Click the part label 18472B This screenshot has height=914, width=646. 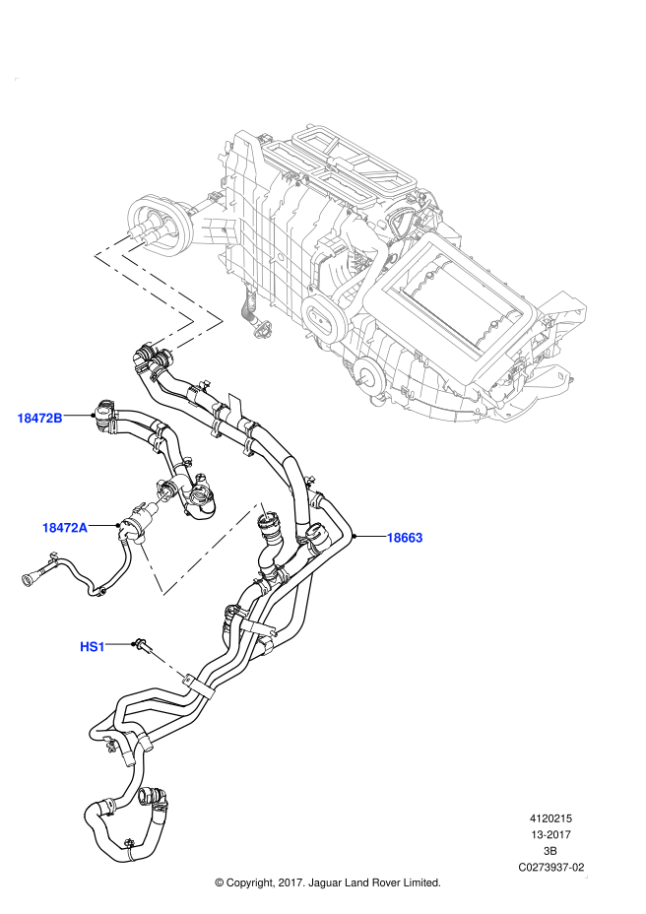(39, 419)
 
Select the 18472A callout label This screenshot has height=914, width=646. (64, 528)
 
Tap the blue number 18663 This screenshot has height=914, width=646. (404, 538)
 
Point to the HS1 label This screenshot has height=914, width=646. (92, 647)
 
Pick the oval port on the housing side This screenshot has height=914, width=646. (322, 317)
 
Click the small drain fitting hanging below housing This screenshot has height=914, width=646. (262, 328)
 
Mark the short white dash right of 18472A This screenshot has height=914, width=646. (161, 498)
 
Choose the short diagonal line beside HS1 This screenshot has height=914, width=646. (167, 664)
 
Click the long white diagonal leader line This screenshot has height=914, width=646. (212, 548)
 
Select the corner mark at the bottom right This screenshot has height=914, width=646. (586, 876)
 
